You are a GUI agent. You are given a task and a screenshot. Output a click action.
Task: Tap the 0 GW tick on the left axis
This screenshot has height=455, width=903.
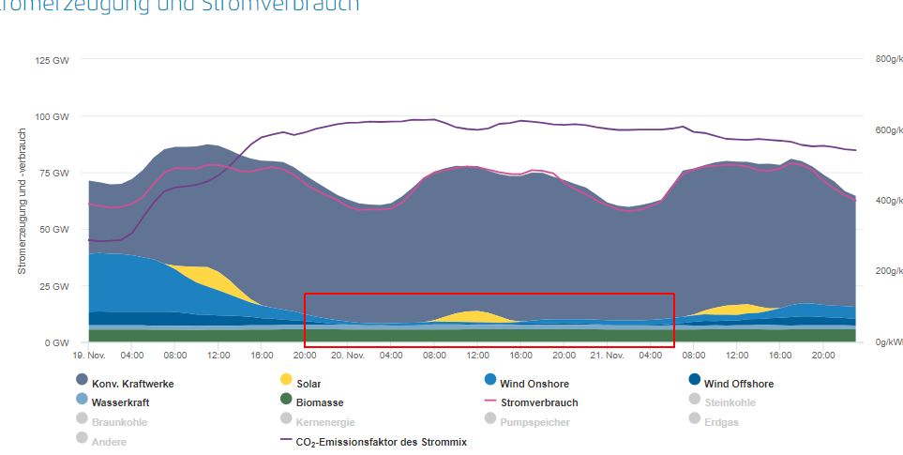58,342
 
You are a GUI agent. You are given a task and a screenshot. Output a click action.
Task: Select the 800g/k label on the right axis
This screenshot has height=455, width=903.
888,58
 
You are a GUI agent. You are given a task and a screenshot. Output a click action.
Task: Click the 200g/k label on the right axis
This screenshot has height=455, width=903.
888,271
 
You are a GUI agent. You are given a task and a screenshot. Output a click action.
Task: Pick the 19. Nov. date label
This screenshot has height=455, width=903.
88,356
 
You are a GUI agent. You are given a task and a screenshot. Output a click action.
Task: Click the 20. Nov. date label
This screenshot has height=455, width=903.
347,356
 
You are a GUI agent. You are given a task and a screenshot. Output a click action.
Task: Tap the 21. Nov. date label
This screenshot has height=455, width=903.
607,356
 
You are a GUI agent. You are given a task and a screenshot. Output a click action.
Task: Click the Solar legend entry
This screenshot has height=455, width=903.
308,384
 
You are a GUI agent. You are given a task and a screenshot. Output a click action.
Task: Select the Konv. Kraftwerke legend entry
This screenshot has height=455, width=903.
132,384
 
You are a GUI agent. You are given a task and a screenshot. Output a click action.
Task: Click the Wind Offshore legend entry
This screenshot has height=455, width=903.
739,384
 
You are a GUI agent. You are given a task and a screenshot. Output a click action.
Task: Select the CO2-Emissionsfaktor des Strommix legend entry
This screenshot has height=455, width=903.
381,441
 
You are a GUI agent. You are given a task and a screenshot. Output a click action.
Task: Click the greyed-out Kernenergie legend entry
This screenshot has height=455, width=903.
324,422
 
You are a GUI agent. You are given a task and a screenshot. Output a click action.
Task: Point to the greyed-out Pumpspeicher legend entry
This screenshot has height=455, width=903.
535,422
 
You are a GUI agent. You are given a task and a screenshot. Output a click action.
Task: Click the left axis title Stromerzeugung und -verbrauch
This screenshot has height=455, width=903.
22,201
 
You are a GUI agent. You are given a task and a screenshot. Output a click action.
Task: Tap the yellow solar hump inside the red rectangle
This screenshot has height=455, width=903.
475,315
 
